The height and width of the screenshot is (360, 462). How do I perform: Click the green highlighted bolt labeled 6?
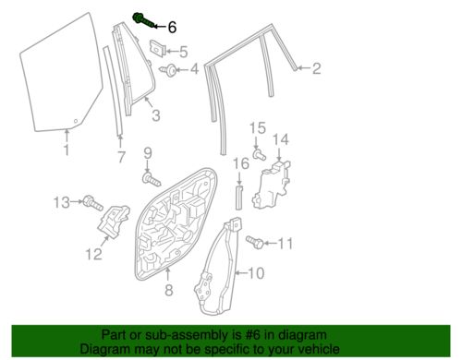[x=144, y=20]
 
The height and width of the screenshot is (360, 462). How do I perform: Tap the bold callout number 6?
[x=172, y=27]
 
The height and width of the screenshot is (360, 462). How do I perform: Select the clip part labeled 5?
[x=158, y=48]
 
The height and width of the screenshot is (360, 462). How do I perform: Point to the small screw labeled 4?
[x=168, y=70]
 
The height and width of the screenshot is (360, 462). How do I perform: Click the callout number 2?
[x=316, y=68]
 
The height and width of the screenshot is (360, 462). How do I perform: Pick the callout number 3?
[x=156, y=115]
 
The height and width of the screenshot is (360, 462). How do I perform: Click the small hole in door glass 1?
[x=76, y=121]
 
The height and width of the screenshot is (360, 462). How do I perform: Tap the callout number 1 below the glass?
[x=67, y=150]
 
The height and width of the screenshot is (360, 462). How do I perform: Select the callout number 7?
[x=121, y=157]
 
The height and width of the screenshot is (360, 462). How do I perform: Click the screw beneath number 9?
[x=152, y=179]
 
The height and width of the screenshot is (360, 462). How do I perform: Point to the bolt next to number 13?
[x=93, y=203]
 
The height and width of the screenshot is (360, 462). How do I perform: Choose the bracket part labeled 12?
[x=114, y=221]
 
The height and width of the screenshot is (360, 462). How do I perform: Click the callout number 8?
[x=169, y=290]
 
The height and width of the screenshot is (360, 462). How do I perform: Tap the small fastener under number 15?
[x=260, y=154]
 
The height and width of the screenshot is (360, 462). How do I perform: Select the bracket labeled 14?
[x=272, y=184]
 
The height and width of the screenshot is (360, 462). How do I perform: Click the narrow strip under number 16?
[x=239, y=198]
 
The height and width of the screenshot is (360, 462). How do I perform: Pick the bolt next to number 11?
[x=255, y=243]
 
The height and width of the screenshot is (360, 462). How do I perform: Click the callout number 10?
[x=256, y=273]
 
